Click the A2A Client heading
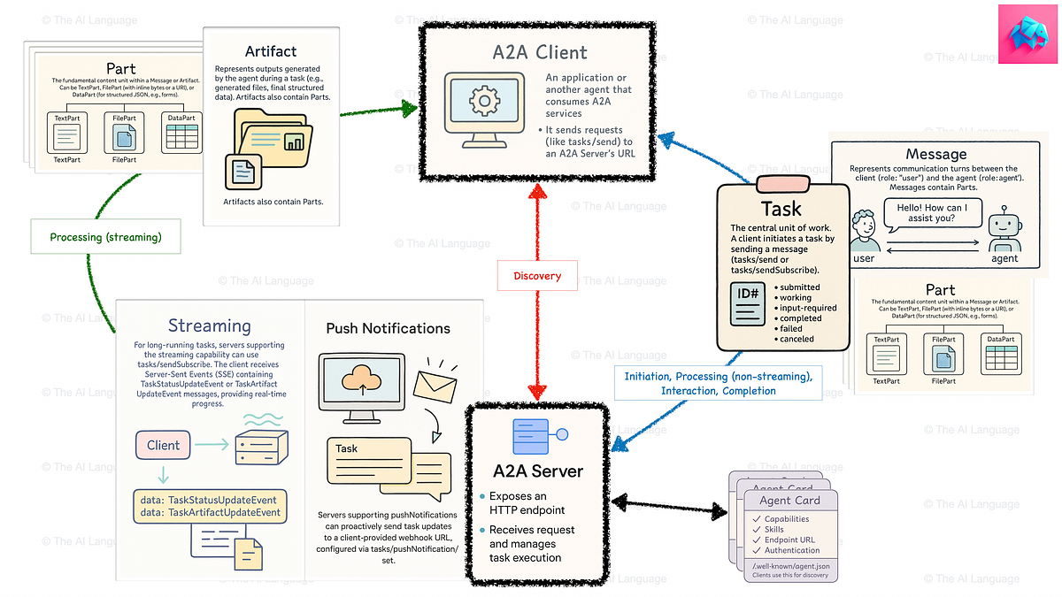click(x=540, y=52)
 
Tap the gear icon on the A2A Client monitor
click(x=484, y=102)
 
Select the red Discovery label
click(x=537, y=276)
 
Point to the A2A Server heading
click(x=538, y=471)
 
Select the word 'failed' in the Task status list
click(x=790, y=328)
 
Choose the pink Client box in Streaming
click(x=164, y=445)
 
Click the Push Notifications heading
click(x=388, y=328)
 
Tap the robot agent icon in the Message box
click(x=1004, y=229)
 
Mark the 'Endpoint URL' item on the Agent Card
click(x=790, y=540)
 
